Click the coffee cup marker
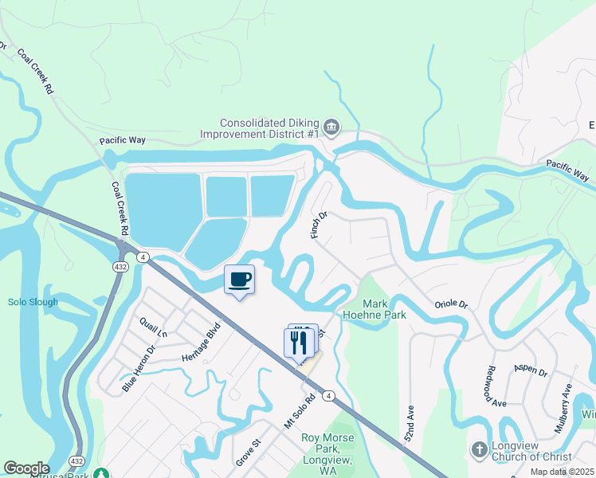(239, 280)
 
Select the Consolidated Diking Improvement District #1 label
(270, 128)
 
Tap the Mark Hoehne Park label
(385, 309)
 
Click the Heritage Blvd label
(201, 344)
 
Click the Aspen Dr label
(531, 372)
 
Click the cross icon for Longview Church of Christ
(479, 450)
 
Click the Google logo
(26, 468)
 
